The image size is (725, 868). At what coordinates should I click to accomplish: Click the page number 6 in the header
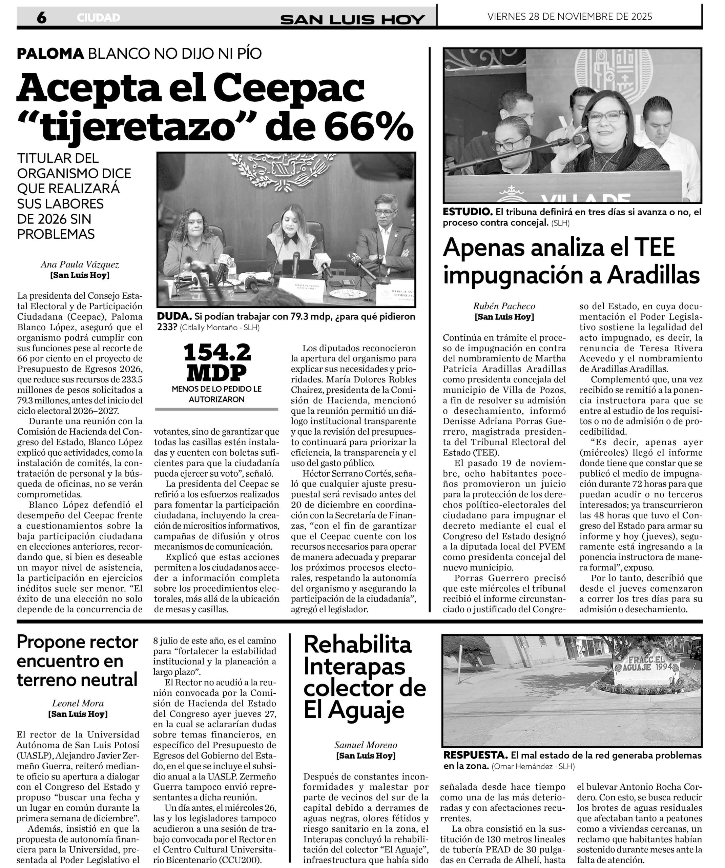coord(41,18)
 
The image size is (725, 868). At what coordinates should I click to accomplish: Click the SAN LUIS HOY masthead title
coord(352,19)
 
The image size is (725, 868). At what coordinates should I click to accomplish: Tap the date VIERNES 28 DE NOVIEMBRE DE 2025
coord(570,17)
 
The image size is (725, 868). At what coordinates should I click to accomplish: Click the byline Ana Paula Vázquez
coord(80,264)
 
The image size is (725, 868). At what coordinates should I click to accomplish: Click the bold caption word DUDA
coord(174,317)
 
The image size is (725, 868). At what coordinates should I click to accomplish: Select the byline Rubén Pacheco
coord(504,306)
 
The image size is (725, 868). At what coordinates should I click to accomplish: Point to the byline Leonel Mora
coord(78,703)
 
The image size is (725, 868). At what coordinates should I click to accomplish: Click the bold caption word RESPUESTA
coord(475,755)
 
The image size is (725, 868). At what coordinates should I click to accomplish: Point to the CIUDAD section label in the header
coord(98,18)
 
